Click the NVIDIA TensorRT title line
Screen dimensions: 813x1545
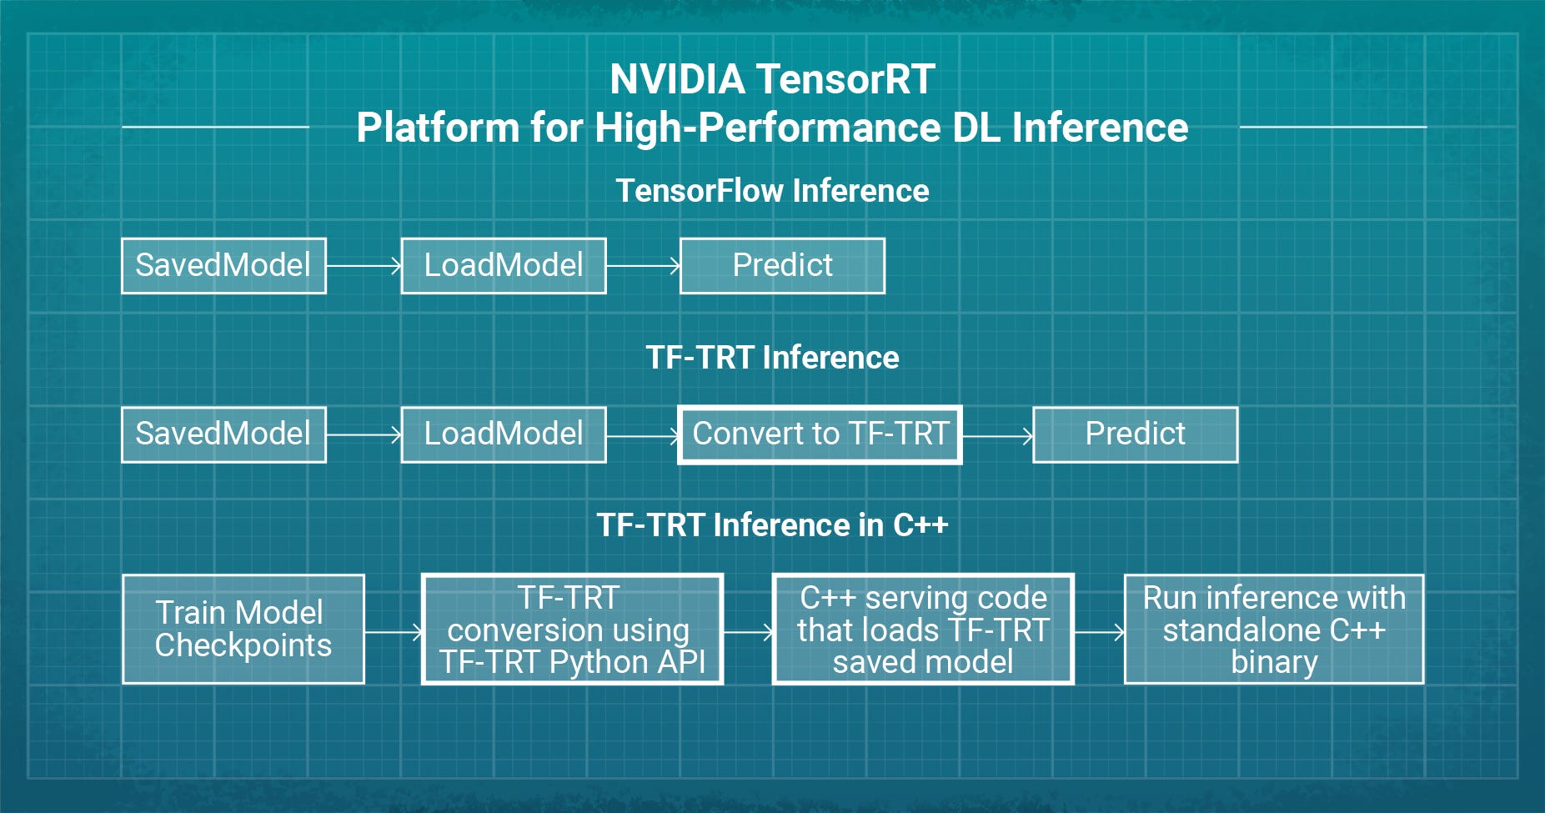point(772,80)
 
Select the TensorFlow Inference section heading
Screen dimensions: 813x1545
point(772,191)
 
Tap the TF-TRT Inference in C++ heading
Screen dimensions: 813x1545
point(772,525)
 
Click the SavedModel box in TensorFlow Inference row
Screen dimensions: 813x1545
point(223,266)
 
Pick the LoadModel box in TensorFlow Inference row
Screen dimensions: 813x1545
point(504,266)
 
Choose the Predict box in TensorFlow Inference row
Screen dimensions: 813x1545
point(782,266)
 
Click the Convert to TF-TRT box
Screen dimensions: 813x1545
point(820,434)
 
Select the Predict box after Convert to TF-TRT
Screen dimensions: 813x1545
point(1135,434)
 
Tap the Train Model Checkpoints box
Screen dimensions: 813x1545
point(243,630)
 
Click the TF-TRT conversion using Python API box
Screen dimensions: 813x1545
point(572,630)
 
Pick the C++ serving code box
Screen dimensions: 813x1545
point(923,630)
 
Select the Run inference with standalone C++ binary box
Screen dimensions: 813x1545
point(1274,630)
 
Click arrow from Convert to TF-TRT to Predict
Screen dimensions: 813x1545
point(997,435)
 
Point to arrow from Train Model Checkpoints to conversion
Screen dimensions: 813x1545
point(394,633)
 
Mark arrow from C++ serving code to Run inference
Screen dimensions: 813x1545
point(1099,633)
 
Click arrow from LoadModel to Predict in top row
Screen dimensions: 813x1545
point(643,266)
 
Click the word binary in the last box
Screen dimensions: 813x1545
point(1274,662)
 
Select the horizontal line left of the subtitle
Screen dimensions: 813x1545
point(215,127)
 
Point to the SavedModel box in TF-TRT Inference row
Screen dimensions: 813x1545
point(223,434)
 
